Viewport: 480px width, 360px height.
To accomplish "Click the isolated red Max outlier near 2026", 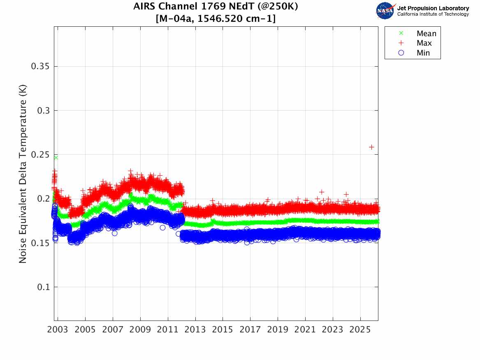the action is coord(371,147).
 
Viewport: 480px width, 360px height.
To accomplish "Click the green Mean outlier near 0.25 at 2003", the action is coord(56,158).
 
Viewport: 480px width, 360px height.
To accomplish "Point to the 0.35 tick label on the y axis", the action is coord(40,66).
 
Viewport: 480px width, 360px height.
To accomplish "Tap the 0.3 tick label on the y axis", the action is coord(43,111).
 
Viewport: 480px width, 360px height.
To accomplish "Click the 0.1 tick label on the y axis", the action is coord(43,287).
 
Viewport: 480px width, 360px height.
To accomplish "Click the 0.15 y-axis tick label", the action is coord(40,243).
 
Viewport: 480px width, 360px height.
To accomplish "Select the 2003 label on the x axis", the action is coord(58,330).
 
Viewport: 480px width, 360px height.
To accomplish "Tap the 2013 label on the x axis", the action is coord(195,330).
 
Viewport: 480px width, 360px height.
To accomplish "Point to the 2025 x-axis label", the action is coord(360,330).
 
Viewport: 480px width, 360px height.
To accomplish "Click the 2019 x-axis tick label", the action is coord(278,330).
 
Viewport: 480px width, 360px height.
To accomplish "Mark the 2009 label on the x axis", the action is coord(140,330).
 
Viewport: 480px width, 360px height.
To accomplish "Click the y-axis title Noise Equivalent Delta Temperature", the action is coord(23,174).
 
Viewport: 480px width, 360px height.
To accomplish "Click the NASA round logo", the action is coord(385,11).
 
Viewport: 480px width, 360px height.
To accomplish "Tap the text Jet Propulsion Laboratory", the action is coord(433,8).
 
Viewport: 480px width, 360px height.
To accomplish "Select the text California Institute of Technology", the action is coord(433,14).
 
